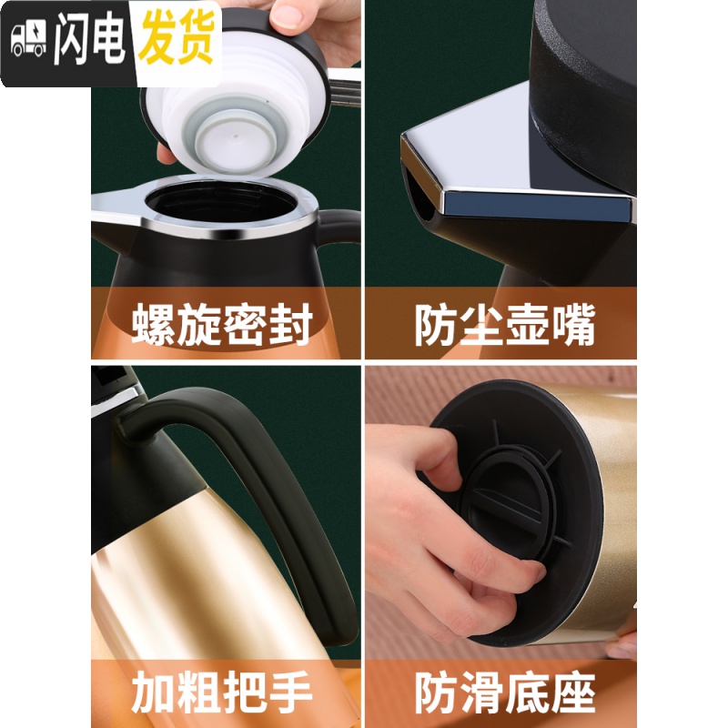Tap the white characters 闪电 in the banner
pyautogui.click(x=89, y=43)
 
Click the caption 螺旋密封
pyautogui.click(x=222, y=326)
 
